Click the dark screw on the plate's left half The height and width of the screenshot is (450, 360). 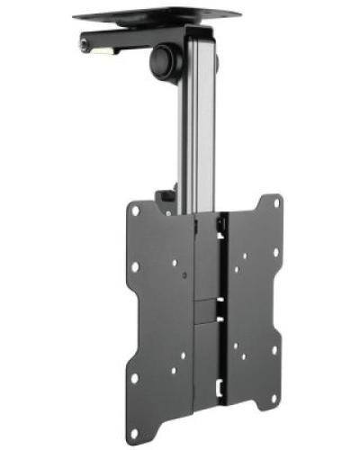click(182, 272)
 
